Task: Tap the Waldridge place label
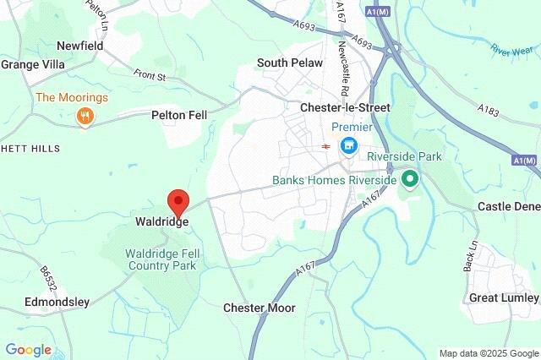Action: (x=161, y=222)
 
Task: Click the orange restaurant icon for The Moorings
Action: (x=84, y=117)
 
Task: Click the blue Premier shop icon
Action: (x=347, y=147)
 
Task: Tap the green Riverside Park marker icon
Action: (x=410, y=179)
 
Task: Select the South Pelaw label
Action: (x=287, y=63)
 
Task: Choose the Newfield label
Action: (x=80, y=45)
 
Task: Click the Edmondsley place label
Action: (x=57, y=302)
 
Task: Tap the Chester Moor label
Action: (x=260, y=308)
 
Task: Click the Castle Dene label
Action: (x=508, y=206)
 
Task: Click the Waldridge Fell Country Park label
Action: (x=161, y=259)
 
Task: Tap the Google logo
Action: (x=28, y=350)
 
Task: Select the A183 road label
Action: (x=488, y=110)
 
